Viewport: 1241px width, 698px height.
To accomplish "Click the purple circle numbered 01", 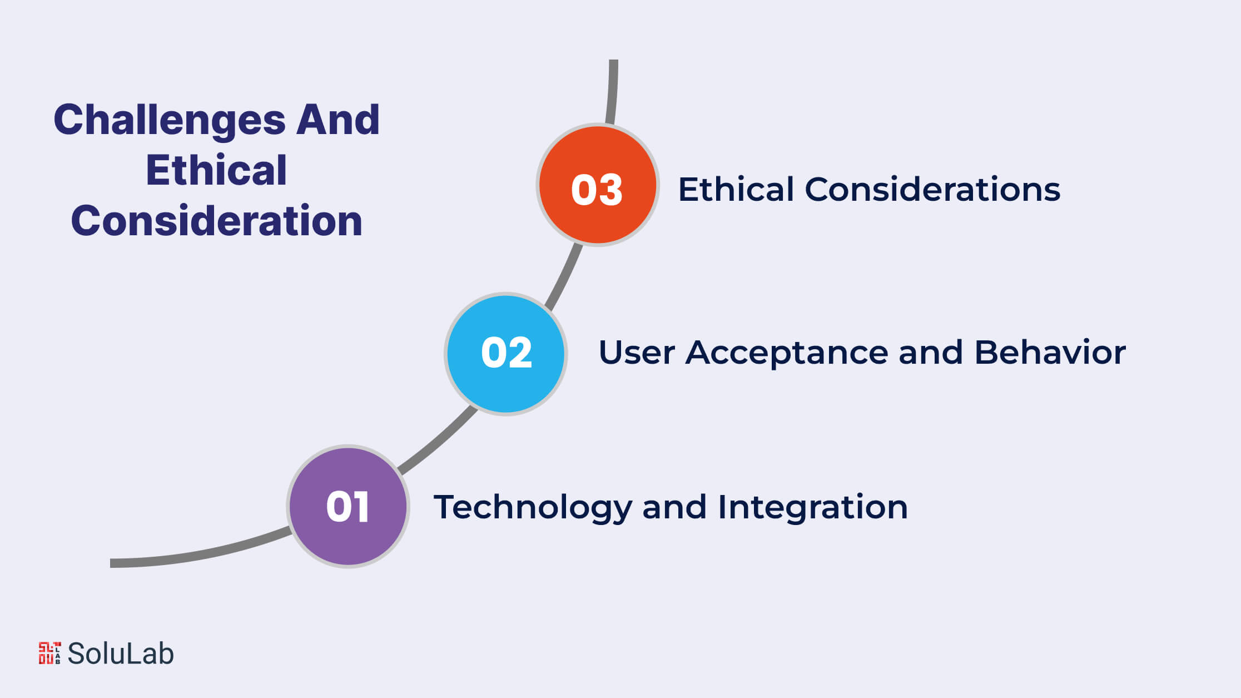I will click(x=348, y=506).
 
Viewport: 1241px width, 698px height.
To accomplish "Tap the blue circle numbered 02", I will click(x=506, y=354).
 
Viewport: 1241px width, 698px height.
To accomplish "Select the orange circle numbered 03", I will click(x=598, y=185).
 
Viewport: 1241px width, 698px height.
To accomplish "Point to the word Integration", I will click(x=812, y=508).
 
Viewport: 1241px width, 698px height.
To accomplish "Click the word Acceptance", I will click(x=786, y=353).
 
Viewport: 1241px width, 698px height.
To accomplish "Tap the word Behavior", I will click(x=1050, y=353).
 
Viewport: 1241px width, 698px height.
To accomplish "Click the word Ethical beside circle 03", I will click(x=736, y=189).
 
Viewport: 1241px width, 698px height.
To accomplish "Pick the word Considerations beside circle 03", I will click(x=932, y=189).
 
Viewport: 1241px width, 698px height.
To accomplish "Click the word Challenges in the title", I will click(x=170, y=121).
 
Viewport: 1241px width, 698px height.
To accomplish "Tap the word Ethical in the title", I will click(x=216, y=170).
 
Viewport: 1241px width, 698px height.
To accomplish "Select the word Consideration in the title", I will click(x=217, y=221).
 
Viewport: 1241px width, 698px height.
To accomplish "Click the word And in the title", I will click(x=337, y=120).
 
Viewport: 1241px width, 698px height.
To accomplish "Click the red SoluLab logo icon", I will click(x=49, y=654).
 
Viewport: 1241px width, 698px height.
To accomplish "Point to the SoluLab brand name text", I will click(x=121, y=654).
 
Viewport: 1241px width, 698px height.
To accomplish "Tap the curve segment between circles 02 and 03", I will click(x=564, y=276).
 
